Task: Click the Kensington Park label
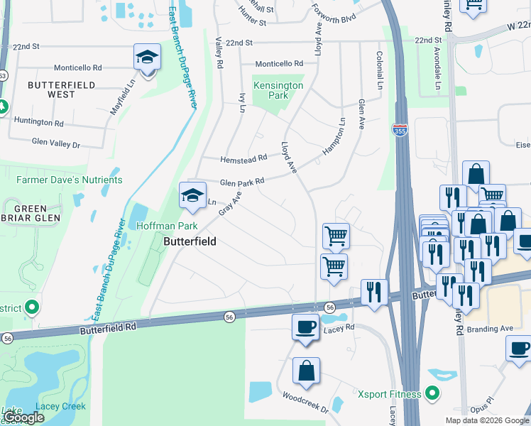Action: click(278, 90)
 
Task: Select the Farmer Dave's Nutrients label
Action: click(69, 180)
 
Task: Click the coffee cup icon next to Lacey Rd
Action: click(306, 327)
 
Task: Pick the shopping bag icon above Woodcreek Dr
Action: click(306, 371)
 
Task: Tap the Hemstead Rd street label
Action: click(243, 158)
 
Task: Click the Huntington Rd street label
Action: click(38, 122)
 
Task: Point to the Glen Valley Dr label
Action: click(56, 143)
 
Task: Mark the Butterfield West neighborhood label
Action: click(51, 89)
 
